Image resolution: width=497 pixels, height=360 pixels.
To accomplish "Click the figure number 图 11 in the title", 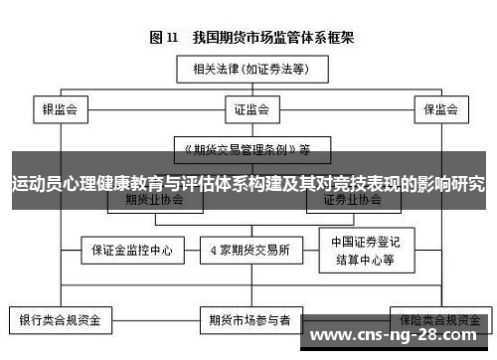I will click(x=163, y=38).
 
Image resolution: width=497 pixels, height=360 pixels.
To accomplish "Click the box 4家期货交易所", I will click(x=249, y=249).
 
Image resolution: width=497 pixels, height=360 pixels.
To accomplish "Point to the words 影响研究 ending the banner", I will click(x=453, y=184).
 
